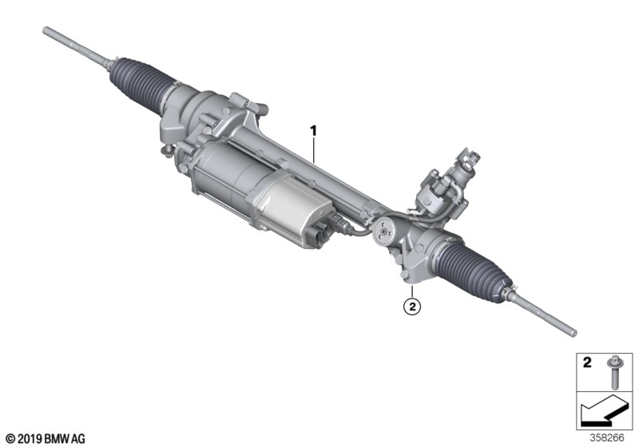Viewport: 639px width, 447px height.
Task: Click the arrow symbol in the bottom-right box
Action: (x=603, y=414)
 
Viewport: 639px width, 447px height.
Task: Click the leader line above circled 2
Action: (x=410, y=289)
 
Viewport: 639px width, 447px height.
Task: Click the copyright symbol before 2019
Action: (x=9, y=438)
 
